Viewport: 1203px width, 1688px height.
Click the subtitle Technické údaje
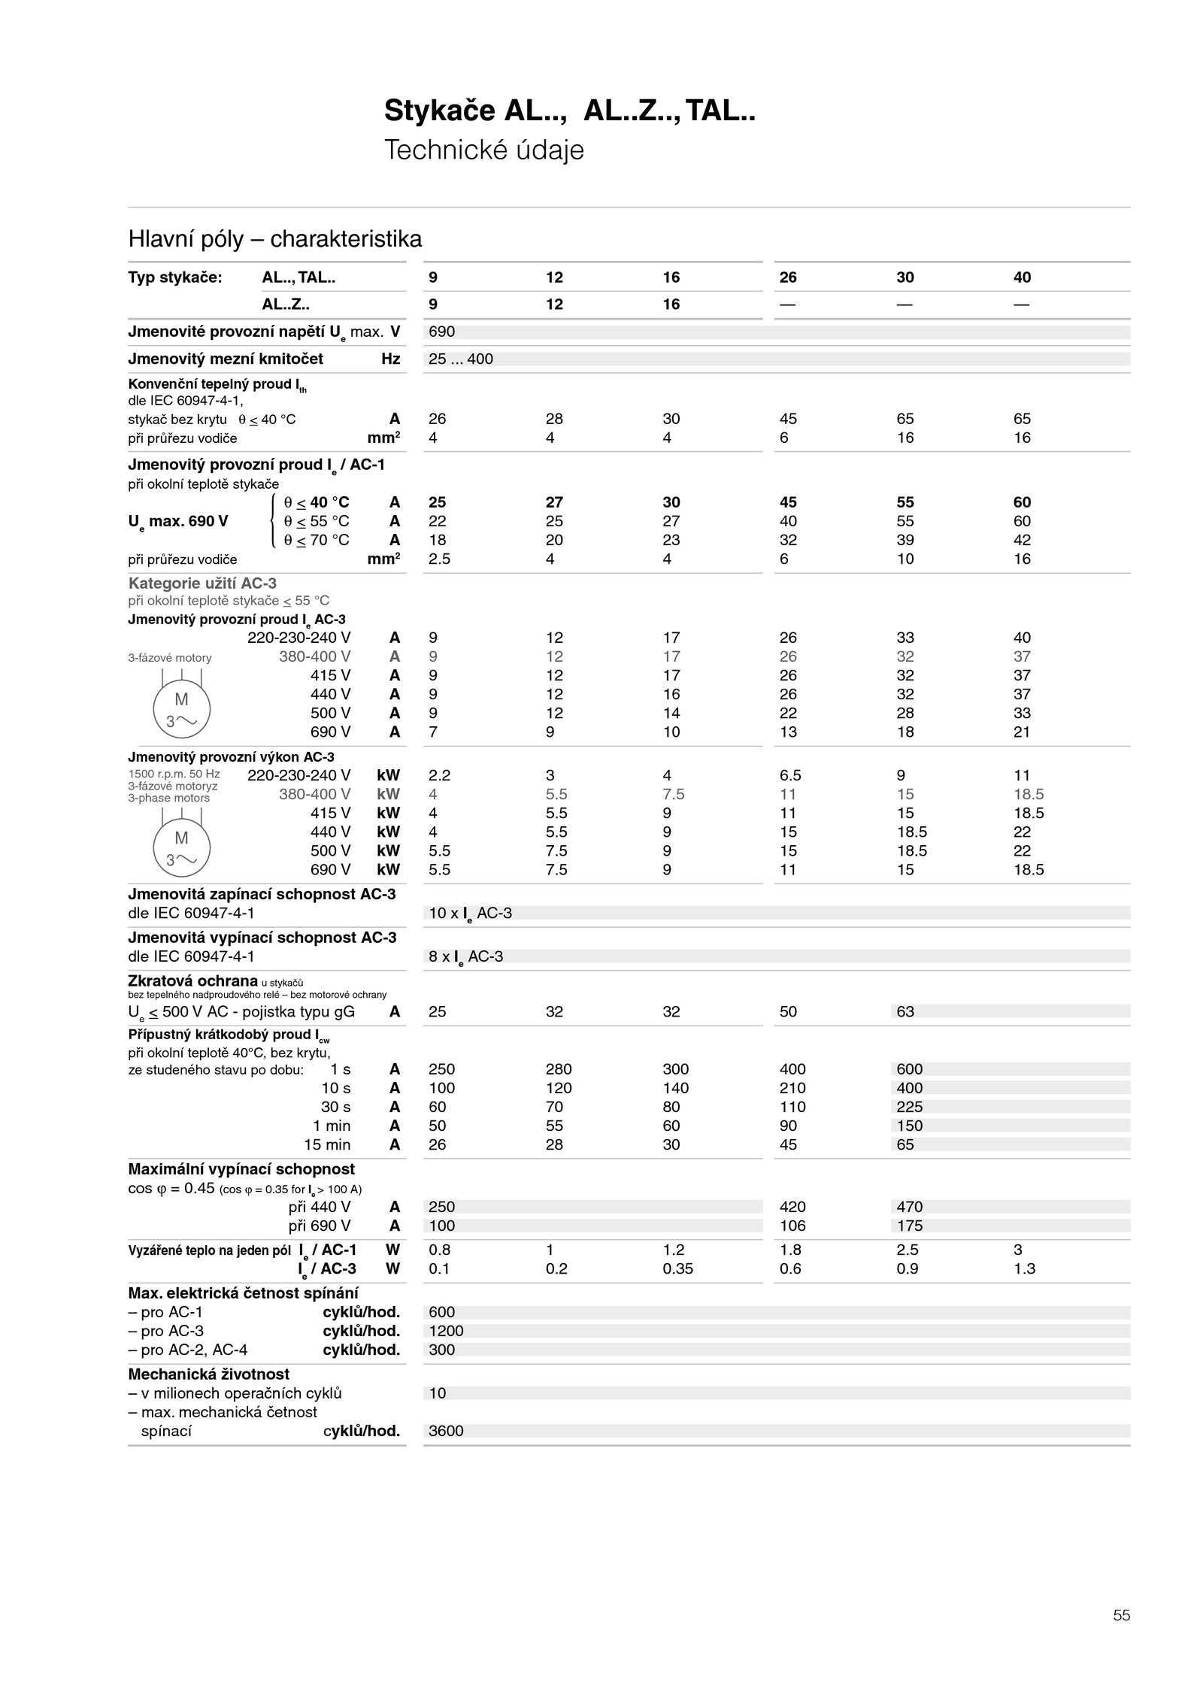pos(483,150)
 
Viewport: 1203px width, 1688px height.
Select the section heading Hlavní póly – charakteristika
pos(274,239)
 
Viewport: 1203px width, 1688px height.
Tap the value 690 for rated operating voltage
pos(441,332)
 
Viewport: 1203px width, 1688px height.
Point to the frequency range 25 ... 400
pos(460,359)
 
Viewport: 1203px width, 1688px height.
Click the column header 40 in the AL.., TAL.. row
pos(1022,277)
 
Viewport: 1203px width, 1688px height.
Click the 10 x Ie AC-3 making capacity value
pos(470,913)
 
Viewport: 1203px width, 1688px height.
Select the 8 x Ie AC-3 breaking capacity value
pos(465,956)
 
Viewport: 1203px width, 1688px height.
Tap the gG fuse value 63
pos(905,1011)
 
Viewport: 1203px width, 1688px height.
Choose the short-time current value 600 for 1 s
pos(909,1069)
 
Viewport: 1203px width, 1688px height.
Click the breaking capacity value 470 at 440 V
pos(909,1207)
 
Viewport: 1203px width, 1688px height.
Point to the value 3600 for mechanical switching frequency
pos(446,1431)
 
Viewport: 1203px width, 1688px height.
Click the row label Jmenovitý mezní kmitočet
pos(226,359)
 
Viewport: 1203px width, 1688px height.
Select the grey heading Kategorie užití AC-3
pos(202,583)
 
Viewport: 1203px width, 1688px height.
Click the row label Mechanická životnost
pos(208,1374)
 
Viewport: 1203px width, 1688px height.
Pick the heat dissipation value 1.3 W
pos(1024,1268)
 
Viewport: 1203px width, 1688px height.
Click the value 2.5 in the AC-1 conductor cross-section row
pos(439,559)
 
